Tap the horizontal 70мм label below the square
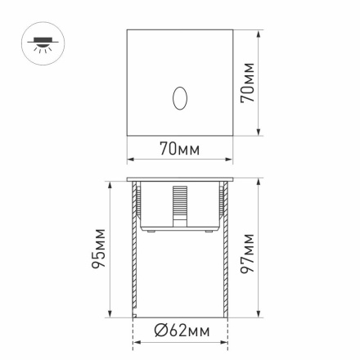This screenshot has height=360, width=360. pos(179,150)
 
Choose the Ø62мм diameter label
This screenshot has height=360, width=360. pos(182,331)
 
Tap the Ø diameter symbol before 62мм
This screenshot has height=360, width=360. pos(162,331)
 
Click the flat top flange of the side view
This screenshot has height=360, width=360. pos(180,178)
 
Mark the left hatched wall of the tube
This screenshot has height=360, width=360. pos(135,254)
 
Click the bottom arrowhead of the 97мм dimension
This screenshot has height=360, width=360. pos(259,315)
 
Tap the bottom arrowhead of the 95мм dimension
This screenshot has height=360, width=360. pos(110,315)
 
